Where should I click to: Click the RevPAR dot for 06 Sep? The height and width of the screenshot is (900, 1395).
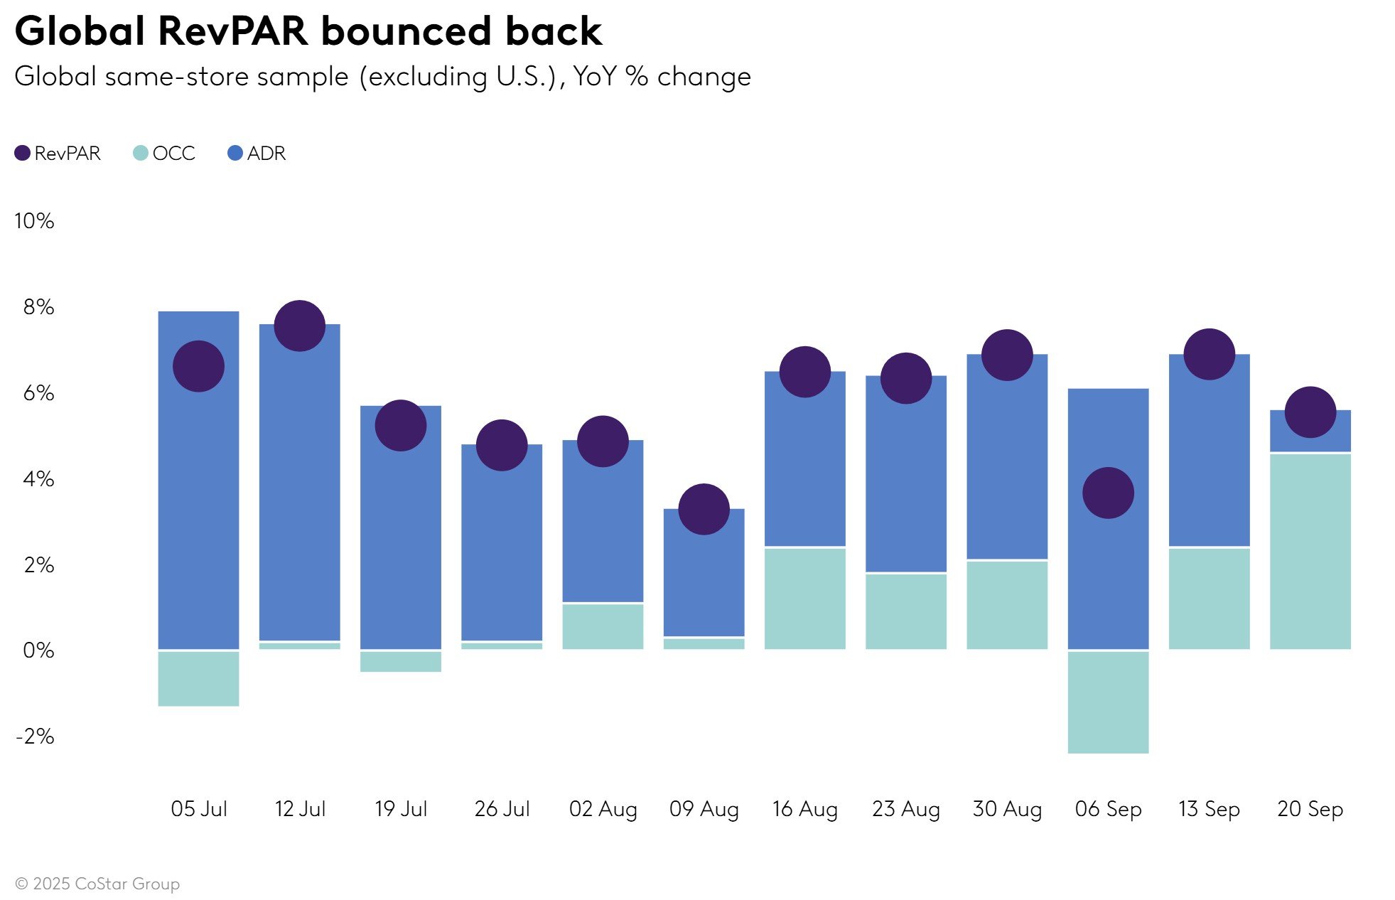(1108, 493)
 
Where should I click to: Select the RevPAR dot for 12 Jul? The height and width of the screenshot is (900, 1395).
(299, 326)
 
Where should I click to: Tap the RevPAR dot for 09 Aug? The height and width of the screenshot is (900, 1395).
(704, 509)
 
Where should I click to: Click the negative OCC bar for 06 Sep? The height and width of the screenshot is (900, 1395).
(1108, 702)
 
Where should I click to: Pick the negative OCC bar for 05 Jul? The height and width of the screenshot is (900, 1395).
(198, 678)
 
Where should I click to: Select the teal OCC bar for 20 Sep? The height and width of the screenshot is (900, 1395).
(1310, 551)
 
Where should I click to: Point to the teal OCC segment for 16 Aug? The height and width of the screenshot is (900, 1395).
(804, 598)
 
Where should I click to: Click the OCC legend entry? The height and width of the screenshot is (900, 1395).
(164, 153)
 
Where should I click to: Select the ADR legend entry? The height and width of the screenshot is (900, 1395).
(257, 153)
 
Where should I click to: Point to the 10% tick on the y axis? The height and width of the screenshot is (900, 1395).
(34, 221)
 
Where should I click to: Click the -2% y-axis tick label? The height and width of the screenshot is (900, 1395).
(35, 736)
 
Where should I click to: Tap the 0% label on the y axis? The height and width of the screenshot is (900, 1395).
(38, 650)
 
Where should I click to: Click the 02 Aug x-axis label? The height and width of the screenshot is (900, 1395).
(603, 809)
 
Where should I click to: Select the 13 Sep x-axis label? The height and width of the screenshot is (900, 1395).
(1209, 809)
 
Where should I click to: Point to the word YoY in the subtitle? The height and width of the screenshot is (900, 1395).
(595, 76)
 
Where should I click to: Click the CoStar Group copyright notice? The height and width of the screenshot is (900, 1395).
(97, 884)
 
